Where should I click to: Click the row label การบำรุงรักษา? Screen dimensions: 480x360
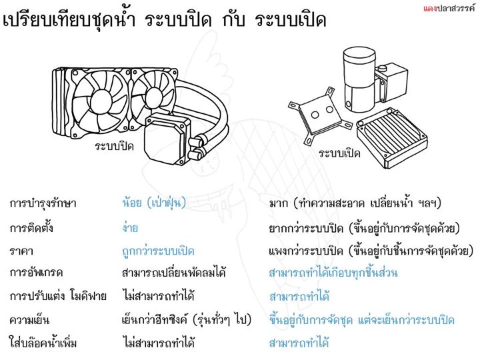click(43, 203)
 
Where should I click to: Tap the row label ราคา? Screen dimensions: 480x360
click(21, 251)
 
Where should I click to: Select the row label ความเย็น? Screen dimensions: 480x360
click(29, 320)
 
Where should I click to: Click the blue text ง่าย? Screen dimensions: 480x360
click(130, 227)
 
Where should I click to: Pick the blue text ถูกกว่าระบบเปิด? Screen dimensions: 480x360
click(158, 251)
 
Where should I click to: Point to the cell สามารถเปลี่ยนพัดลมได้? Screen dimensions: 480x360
click(173, 272)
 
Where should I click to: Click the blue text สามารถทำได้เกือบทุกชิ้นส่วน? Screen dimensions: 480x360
click(333, 272)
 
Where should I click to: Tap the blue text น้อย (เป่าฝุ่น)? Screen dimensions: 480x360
click(154, 203)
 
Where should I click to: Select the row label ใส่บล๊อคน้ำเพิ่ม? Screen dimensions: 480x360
click(43, 342)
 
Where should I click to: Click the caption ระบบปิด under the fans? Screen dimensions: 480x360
click(114, 146)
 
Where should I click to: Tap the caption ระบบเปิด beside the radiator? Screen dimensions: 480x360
click(339, 153)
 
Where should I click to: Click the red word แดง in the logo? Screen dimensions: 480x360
click(430, 8)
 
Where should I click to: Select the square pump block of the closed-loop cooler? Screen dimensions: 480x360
click(166, 139)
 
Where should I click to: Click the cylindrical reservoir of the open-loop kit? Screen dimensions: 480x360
click(359, 79)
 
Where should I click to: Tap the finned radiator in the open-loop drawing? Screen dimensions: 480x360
click(392, 138)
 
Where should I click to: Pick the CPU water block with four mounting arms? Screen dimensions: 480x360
click(320, 116)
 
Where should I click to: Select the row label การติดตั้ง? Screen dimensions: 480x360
click(31, 228)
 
